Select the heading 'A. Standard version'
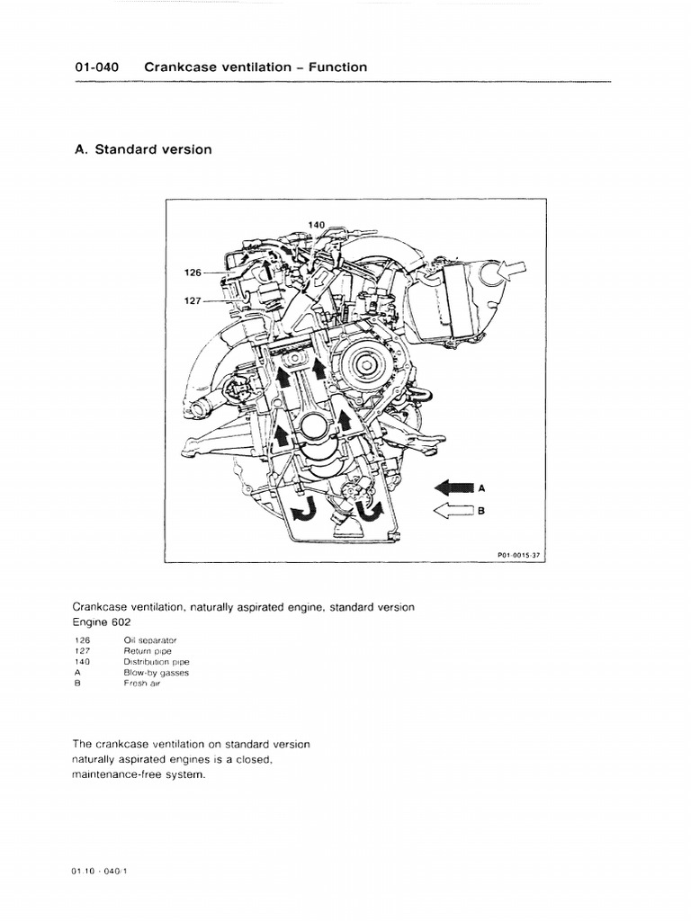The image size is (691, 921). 143,149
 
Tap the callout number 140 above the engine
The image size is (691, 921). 316,224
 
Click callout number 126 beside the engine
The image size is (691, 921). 193,272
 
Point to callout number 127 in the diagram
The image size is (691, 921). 193,301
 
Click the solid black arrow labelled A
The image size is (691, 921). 453,487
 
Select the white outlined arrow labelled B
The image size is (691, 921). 453,511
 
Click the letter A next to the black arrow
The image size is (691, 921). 481,487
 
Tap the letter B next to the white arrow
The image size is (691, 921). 481,511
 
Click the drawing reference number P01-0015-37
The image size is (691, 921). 517,555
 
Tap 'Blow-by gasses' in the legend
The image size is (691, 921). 156,672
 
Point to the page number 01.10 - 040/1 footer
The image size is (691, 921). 103,872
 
